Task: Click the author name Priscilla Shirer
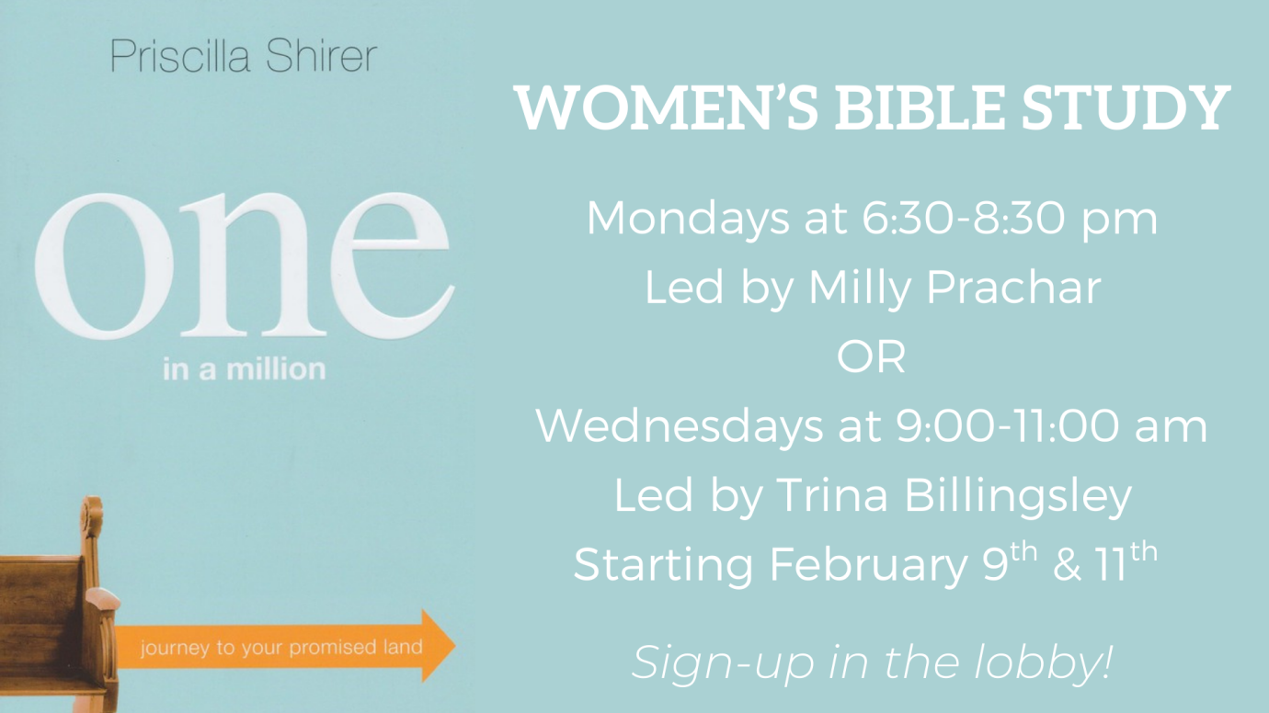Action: pos(243,57)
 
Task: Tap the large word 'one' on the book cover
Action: pos(244,266)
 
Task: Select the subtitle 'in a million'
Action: pos(244,369)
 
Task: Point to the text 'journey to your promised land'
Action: pos(280,648)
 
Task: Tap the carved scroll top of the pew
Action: pos(91,515)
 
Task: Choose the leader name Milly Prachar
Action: pos(954,288)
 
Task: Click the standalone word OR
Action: pos(871,356)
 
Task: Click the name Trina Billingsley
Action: pos(954,495)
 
